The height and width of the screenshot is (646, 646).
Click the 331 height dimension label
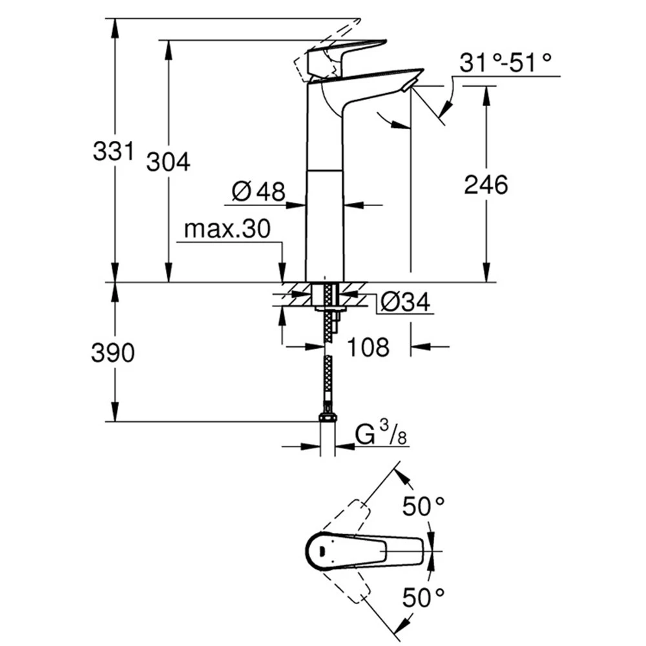(114, 151)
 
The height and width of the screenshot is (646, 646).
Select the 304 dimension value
(169, 161)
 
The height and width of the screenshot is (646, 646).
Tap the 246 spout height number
(486, 184)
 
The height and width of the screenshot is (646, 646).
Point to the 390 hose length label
(113, 353)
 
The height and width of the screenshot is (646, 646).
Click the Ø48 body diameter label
(258, 191)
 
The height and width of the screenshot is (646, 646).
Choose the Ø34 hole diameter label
(406, 302)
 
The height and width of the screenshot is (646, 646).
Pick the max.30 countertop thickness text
(227, 229)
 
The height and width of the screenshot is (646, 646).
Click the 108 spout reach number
(368, 347)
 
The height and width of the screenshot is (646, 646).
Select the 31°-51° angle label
(506, 63)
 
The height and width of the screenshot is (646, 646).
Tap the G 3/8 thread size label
(382, 434)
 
